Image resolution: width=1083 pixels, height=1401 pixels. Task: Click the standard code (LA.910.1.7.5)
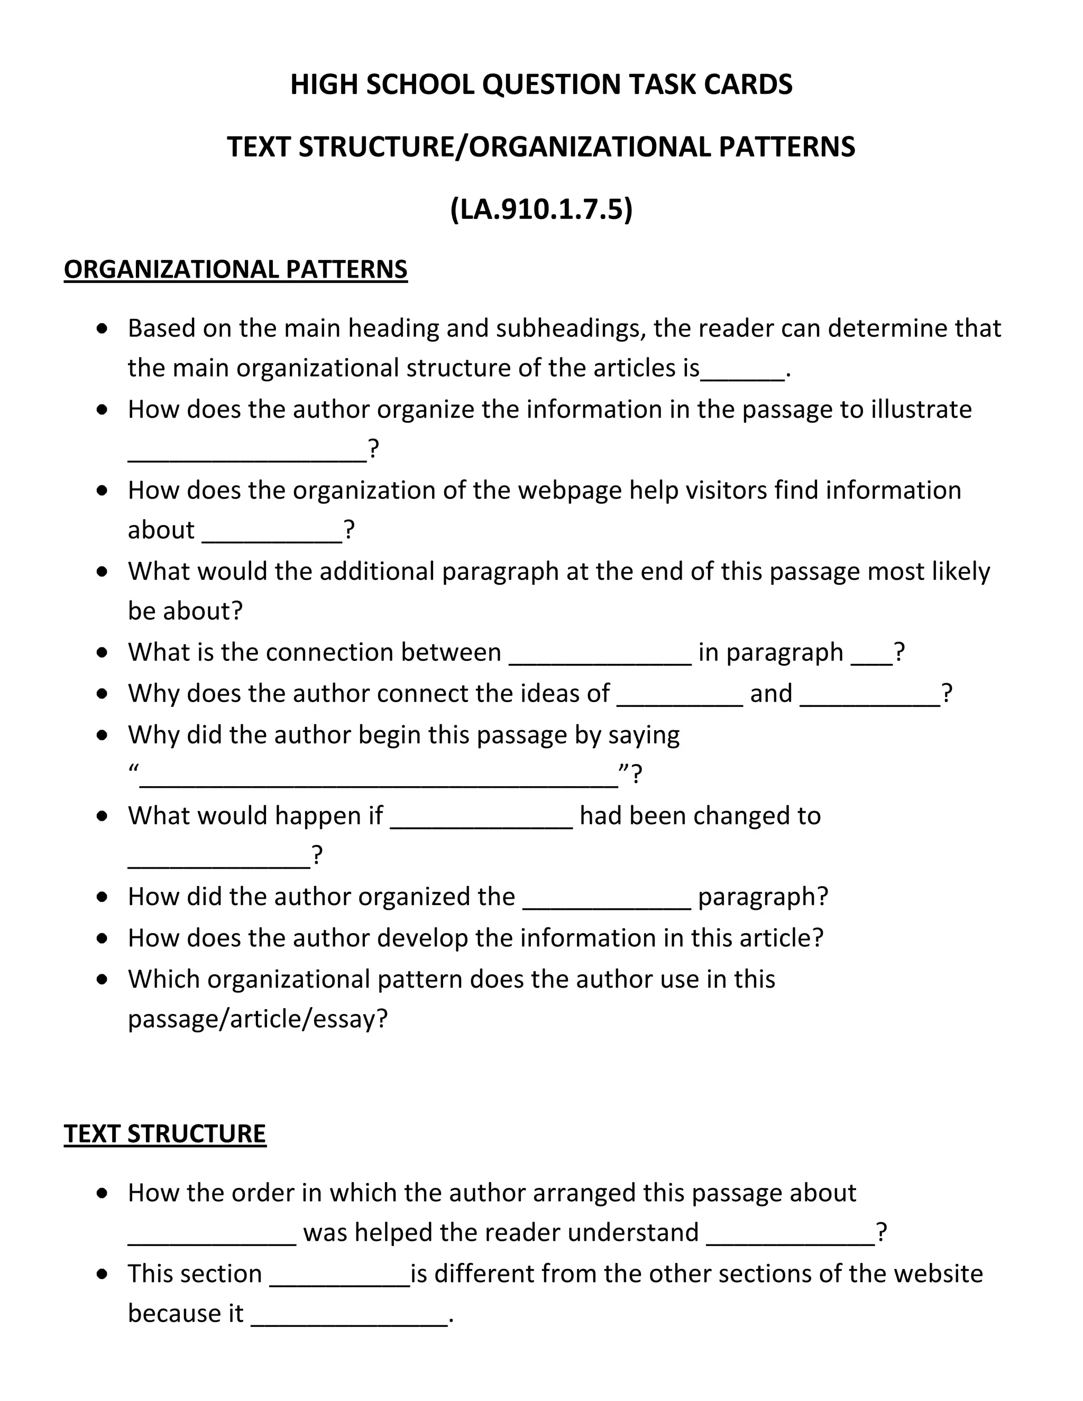coord(541,209)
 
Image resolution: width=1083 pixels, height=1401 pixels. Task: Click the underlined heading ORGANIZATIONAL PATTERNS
coord(235,270)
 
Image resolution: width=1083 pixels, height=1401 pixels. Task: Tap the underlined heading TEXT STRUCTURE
coord(165,1133)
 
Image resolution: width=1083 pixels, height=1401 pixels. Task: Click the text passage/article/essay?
coord(258,1019)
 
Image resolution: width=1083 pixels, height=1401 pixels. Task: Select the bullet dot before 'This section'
coord(102,1274)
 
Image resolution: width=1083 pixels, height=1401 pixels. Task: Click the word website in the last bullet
coord(938,1274)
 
